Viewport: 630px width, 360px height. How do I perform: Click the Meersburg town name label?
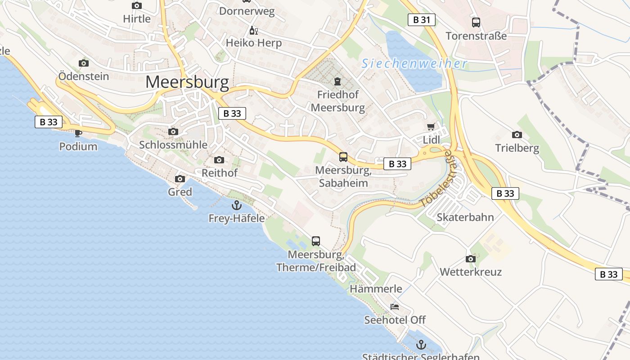(187, 82)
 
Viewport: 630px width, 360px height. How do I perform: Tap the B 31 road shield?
(422, 20)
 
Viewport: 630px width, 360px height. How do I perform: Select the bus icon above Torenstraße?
(476, 22)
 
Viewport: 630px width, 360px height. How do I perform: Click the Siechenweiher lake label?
(414, 64)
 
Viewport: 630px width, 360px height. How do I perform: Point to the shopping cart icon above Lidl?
(431, 126)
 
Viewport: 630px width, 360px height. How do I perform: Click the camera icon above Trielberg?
(517, 134)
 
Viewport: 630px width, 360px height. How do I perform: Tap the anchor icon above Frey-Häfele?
(236, 205)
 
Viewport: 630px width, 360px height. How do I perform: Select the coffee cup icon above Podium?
(78, 133)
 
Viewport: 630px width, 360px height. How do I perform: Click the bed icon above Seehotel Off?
(395, 307)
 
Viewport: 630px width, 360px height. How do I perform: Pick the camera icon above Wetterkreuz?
(471, 259)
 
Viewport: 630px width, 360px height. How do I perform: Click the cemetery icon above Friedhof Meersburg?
(337, 81)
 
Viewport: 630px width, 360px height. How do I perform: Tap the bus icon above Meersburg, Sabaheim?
(343, 157)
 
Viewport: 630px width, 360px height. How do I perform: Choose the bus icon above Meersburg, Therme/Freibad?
(316, 241)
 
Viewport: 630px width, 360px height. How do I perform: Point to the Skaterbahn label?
(465, 217)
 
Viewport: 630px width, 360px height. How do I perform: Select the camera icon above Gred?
(180, 179)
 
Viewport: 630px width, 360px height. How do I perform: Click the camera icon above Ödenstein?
(84, 63)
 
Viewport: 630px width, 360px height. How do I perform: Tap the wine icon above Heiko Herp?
(254, 30)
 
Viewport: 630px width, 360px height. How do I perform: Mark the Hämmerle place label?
(376, 288)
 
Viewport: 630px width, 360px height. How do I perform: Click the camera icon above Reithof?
(219, 160)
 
